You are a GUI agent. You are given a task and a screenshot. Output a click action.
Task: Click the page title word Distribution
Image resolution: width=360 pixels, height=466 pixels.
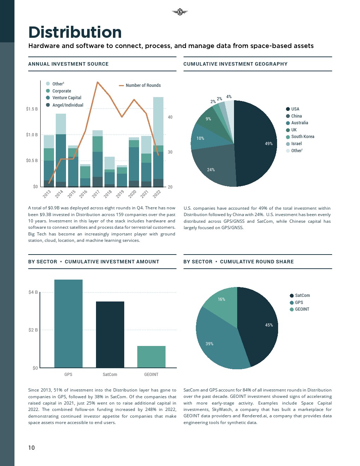(x=75, y=32)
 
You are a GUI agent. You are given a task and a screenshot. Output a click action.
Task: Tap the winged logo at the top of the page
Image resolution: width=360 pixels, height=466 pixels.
(x=180, y=12)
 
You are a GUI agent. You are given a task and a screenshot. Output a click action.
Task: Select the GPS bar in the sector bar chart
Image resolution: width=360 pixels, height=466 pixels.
(x=68, y=323)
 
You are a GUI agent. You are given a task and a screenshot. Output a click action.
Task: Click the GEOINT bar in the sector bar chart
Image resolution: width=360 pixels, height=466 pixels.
(x=151, y=357)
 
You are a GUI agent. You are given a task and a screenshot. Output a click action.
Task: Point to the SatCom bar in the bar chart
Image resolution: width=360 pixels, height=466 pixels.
(x=110, y=334)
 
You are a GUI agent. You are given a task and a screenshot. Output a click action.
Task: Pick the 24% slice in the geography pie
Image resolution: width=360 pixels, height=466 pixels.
(x=214, y=166)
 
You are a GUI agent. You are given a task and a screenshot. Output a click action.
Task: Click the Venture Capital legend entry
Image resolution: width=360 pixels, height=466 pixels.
(x=67, y=98)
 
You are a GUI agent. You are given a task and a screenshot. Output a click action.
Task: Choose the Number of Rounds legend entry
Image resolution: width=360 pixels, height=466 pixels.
(x=143, y=85)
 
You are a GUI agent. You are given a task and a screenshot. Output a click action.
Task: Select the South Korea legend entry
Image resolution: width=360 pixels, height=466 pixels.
(x=302, y=137)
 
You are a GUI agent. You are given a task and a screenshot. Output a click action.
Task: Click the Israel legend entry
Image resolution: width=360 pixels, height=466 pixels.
(x=296, y=144)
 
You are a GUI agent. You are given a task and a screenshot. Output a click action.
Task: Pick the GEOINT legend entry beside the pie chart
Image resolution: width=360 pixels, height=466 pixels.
(x=302, y=309)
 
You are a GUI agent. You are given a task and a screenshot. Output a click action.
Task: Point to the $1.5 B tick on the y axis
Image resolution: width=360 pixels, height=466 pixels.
(x=32, y=109)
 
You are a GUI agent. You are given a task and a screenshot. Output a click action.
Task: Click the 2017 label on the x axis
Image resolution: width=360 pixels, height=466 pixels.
(x=96, y=194)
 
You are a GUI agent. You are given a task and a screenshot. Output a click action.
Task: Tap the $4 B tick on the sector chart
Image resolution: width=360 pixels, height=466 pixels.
(x=33, y=292)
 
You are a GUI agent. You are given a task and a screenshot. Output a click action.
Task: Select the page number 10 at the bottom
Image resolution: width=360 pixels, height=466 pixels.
(x=31, y=448)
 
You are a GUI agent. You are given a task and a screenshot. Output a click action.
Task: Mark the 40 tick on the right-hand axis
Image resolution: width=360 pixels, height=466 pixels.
(x=170, y=117)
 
